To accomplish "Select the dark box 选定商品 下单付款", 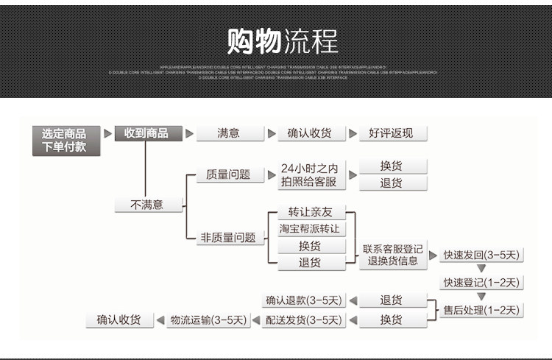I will (x=63, y=141).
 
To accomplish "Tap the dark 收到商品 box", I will (x=146, y=133).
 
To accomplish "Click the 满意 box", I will (x=228, y=133).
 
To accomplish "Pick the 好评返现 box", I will (x=391, y=133).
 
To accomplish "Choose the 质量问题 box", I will (x=228, y=174).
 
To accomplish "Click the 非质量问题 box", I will (x=228, y=237).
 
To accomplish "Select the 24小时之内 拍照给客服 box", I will (x=309, y=174).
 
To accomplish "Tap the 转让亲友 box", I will (x=310, y=212).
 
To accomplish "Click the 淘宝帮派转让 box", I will (x=310, y=228).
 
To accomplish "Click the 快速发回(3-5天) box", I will (x=481, y=255).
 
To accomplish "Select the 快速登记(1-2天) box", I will (x=481, y=283).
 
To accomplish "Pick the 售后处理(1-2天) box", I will (x=481, y=310).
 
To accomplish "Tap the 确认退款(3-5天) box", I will (x=303, y=300).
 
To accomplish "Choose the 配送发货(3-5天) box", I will (x=303, y=320).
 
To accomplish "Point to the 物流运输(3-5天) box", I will (x=208, y=320).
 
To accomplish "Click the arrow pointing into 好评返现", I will (x=353, y=133).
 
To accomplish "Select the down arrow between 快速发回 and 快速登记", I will (x=481, y=269).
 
